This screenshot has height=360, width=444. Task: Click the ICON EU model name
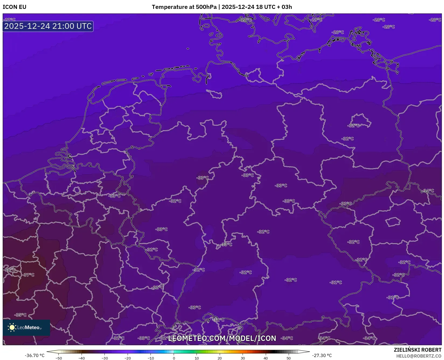pos(15,7)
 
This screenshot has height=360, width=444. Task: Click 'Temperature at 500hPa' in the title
pos(184,7)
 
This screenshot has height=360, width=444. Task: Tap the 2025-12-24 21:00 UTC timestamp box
pos(48,26)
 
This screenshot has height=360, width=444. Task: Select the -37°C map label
pos(29,275)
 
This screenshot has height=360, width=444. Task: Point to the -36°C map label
pos(10,270)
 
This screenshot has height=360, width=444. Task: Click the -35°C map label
pos(21,315)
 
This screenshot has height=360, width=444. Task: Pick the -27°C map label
pos(10,20)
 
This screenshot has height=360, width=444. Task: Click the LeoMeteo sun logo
pos(12,327)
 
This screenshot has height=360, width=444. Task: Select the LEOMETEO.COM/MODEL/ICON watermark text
pos(222,338)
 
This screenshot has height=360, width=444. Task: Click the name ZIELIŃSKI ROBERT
pos(418,350)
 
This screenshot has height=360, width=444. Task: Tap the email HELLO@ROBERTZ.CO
pos(419,356)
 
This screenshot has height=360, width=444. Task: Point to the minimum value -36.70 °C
pos(35,355)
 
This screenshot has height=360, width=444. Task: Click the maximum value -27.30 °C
pos(322,355)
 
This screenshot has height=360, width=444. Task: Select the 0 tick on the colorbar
pos(174,358)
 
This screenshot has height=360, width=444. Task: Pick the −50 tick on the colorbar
pos(58,358)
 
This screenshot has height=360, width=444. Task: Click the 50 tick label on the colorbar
pos(289,358)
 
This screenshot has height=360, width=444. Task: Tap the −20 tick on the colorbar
pos(128,358)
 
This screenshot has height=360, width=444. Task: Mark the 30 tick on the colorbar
pos(243,358)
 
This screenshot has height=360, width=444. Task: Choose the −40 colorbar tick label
pos(82,358)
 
